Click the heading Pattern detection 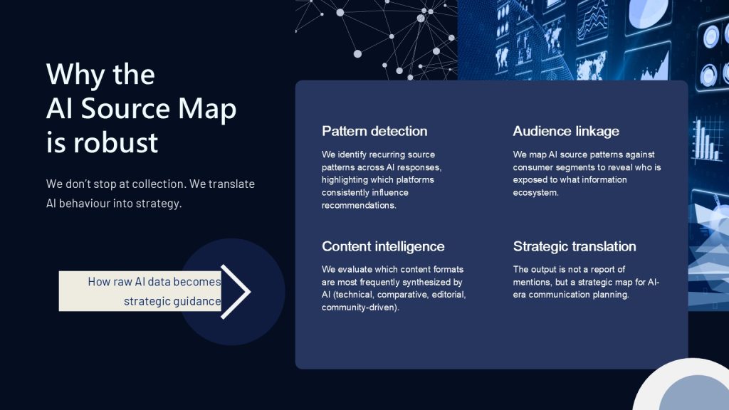click(x=374, y=131)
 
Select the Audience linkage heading click(x=566, y=132)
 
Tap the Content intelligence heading click(x=383, y=246)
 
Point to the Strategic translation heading click(x=575, y=246)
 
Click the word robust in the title click(x=116, y=142)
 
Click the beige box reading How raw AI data click(x=140, y=291)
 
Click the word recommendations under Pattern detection click(x=359, y=206)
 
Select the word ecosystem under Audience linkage click(x=535, y=193)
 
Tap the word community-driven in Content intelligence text click(x=360, y=307)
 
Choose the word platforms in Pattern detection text click(x=414, y=180)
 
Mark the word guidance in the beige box click(x=198, y=301)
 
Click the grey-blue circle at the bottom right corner click(x=694, y=393)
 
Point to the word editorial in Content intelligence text click(x=449, y=295)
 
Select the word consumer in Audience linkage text click(x=530, y=167)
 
